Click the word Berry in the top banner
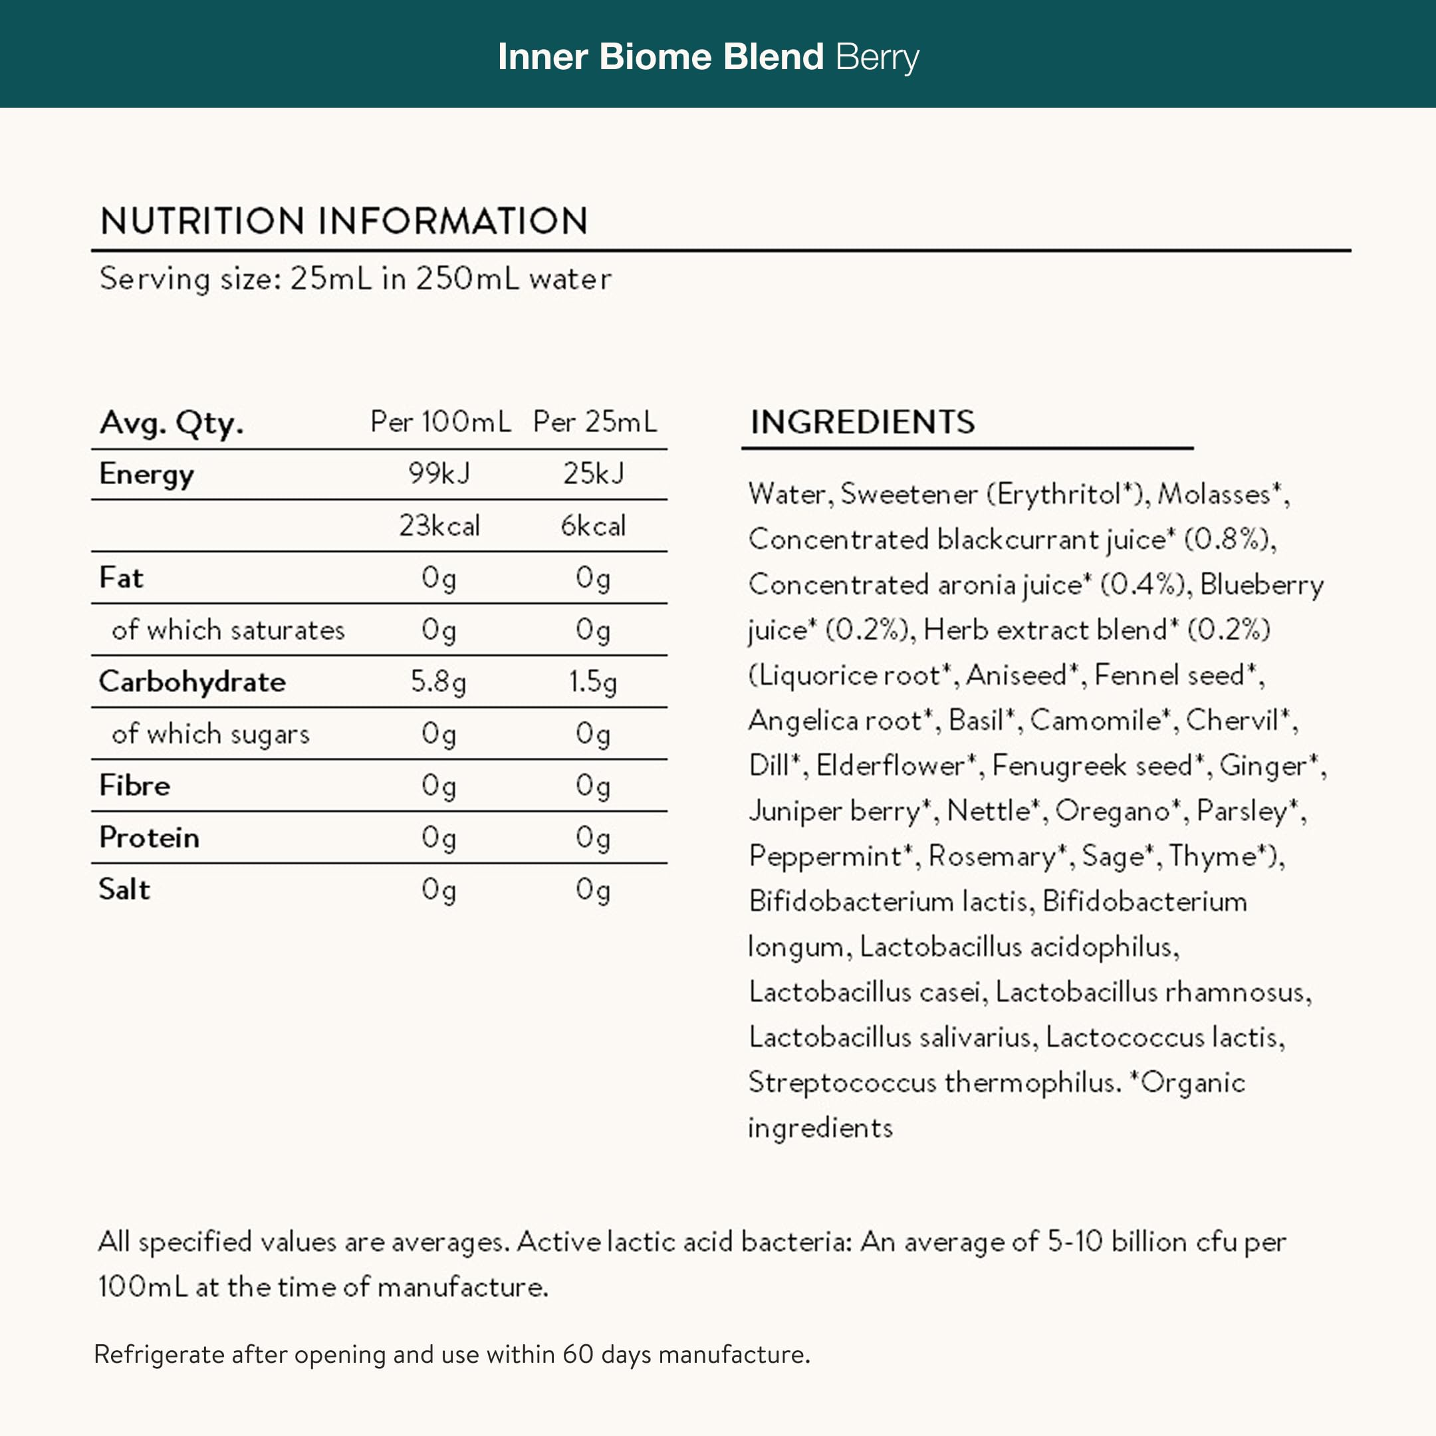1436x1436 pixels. tap(877, 58)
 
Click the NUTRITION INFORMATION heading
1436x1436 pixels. tap(344, 221)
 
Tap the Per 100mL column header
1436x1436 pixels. tap(440, 422)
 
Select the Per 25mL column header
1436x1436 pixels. tap(594, 422)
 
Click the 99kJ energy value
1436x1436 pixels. tap(439, 473)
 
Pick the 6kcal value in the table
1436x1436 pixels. tap(593, 525)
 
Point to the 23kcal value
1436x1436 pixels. tap(439, 525)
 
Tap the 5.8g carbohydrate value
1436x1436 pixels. tap(439, 681)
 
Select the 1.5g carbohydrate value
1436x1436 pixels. tap(592, 681)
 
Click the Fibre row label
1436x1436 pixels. tap(134, 786)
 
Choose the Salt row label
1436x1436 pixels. tap(124, 890)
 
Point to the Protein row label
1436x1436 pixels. tap(149, 838)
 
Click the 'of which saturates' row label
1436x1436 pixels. tap(228, 630)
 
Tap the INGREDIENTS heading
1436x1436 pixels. tap(862, 422)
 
